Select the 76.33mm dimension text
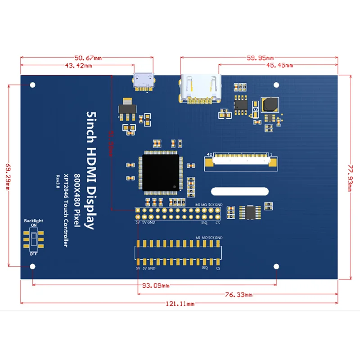click(x=238, y=295)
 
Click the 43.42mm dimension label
click(x=78, y=66)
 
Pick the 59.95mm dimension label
click(x=260, y=58)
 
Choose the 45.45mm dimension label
click(x=279, y=66)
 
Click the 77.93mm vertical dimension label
click(x=352, y=176)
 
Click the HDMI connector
click(x=201, y=89)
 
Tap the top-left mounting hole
click(x=33, y=85)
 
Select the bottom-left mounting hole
click(x=33, y=267)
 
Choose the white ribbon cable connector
click(x=241, y=160)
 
